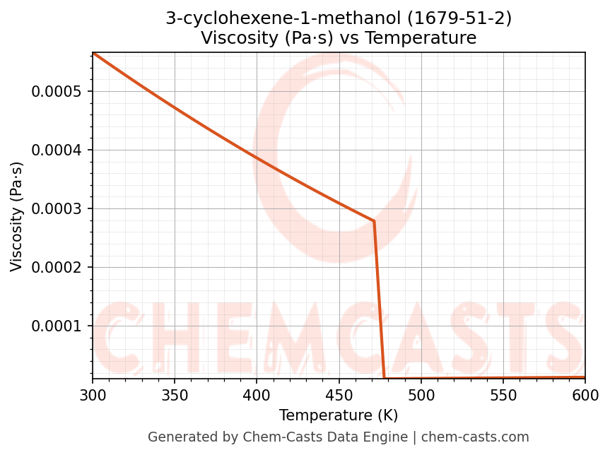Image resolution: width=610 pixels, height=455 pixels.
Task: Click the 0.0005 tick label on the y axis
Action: click(x=57, y=92)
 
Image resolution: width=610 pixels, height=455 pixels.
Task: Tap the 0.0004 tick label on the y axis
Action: click(x=57, y=150)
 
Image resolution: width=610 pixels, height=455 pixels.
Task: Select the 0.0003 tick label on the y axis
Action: click(x=57, y=209)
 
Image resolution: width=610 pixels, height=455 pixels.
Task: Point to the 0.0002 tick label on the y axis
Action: click(x=57, y=268)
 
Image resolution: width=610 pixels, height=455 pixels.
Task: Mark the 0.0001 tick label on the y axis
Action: click(x=57, y=326)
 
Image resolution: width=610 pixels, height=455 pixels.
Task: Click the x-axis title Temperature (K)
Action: click(x=339, y=415)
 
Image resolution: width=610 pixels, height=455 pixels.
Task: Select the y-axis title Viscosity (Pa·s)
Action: click(x=17, y=216)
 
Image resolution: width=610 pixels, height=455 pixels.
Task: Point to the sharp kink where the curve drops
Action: click(x=374, y=221)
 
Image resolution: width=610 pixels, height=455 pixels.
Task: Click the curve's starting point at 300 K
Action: click(x=93, y=53)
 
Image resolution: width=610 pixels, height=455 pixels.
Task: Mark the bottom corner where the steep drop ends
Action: click(x=384, y=378)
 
